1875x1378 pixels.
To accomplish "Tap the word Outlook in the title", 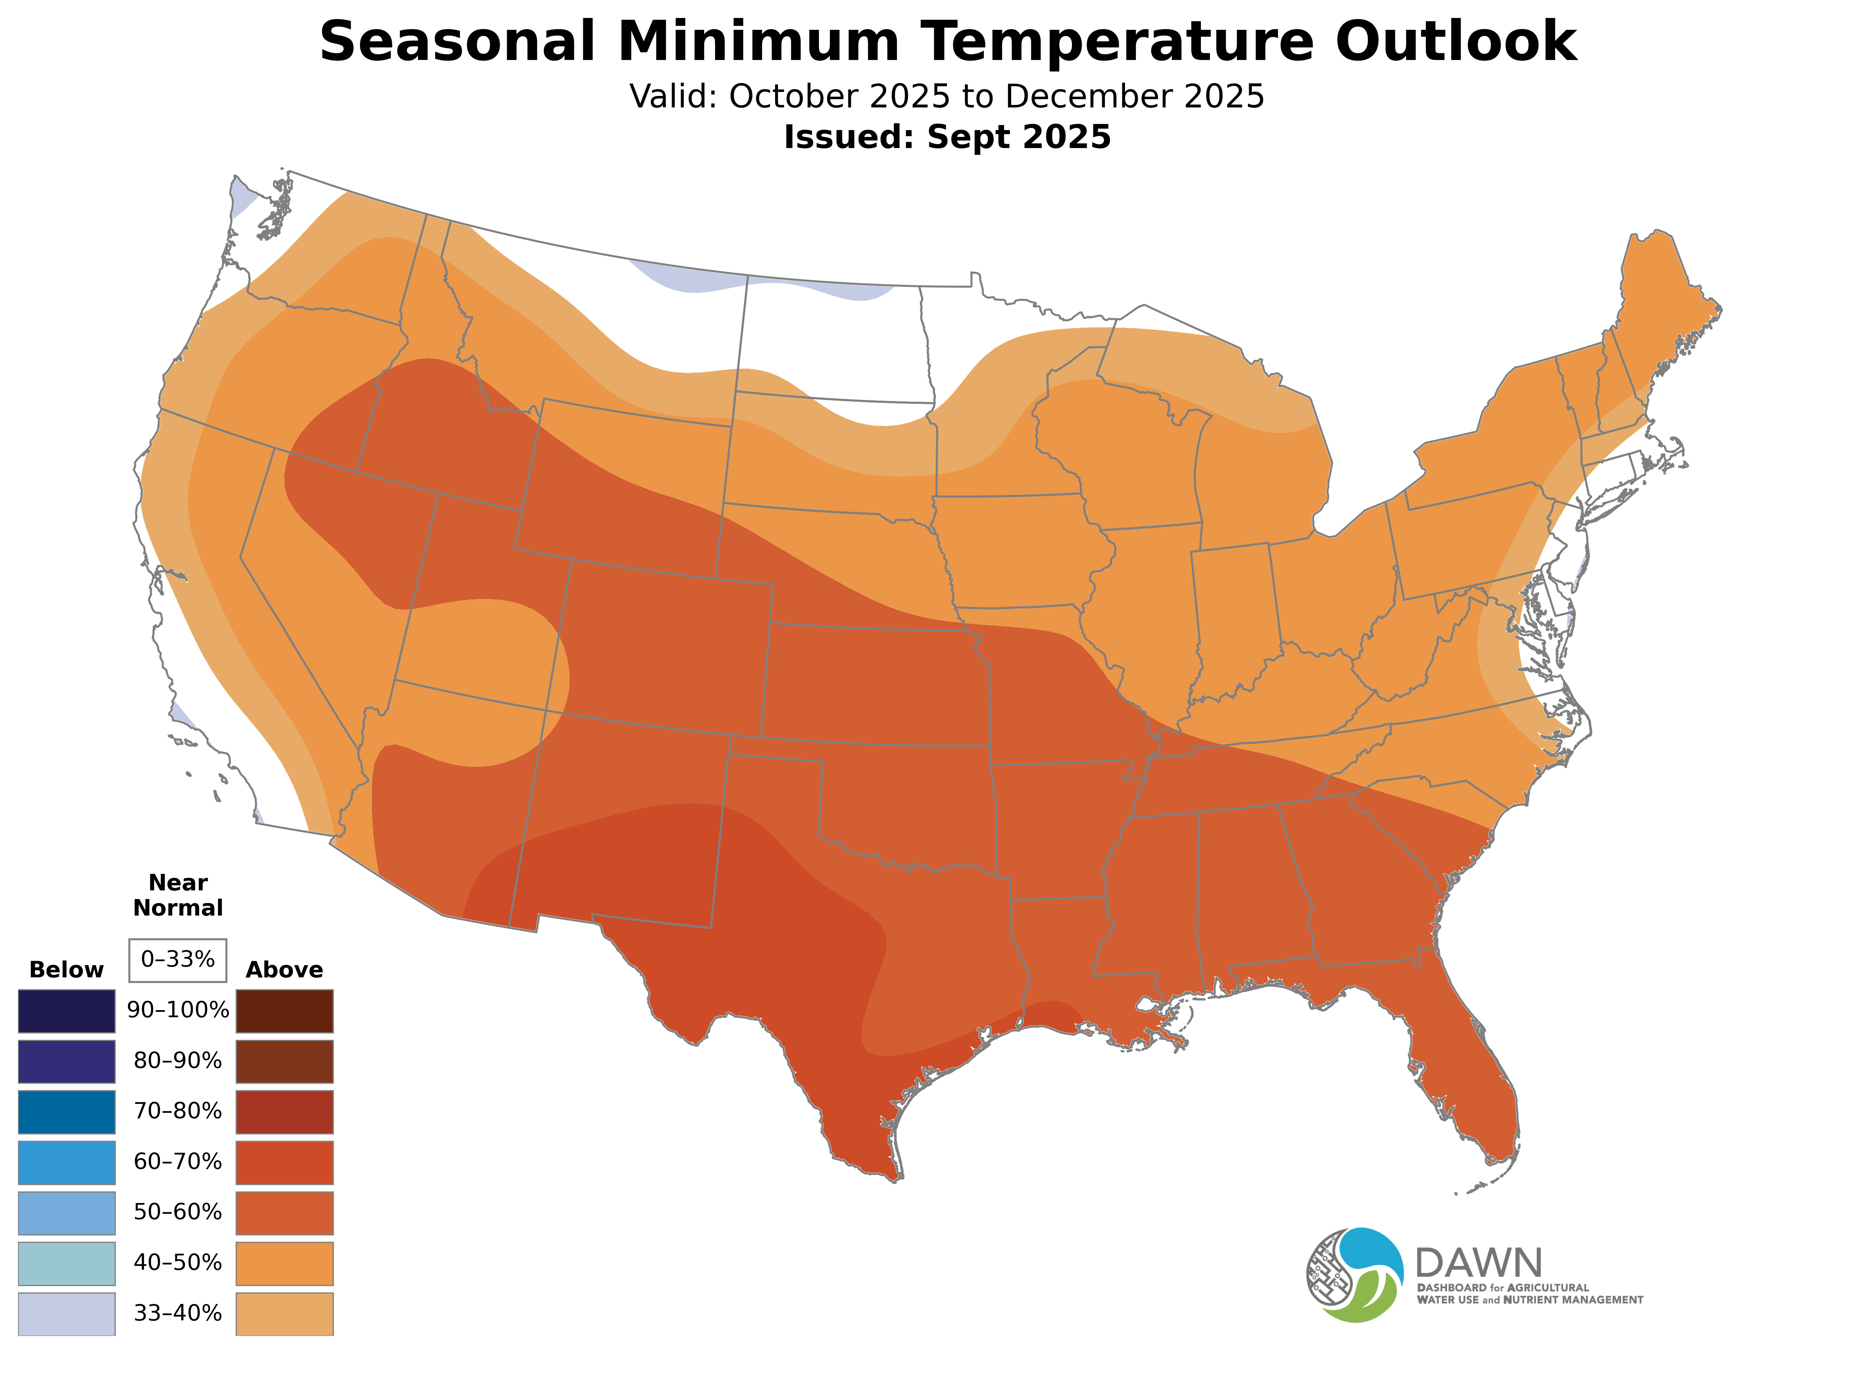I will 1455,42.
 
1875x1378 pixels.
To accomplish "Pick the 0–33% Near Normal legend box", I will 178,960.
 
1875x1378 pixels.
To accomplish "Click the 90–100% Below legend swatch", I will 67,1011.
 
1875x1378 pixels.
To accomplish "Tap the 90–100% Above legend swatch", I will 285,1011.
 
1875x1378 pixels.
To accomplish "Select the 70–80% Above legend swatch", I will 285,1112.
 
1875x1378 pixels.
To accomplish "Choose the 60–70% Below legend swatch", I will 67,1162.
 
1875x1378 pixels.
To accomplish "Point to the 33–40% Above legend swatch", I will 285,1314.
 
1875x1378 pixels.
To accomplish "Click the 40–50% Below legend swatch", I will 67,1263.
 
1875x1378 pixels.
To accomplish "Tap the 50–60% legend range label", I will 178,1212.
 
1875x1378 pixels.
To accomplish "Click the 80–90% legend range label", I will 178,1061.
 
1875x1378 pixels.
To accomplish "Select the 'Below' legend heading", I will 67,970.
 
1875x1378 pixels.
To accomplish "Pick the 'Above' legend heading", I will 285,970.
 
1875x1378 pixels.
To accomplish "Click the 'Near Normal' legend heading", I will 178,895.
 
